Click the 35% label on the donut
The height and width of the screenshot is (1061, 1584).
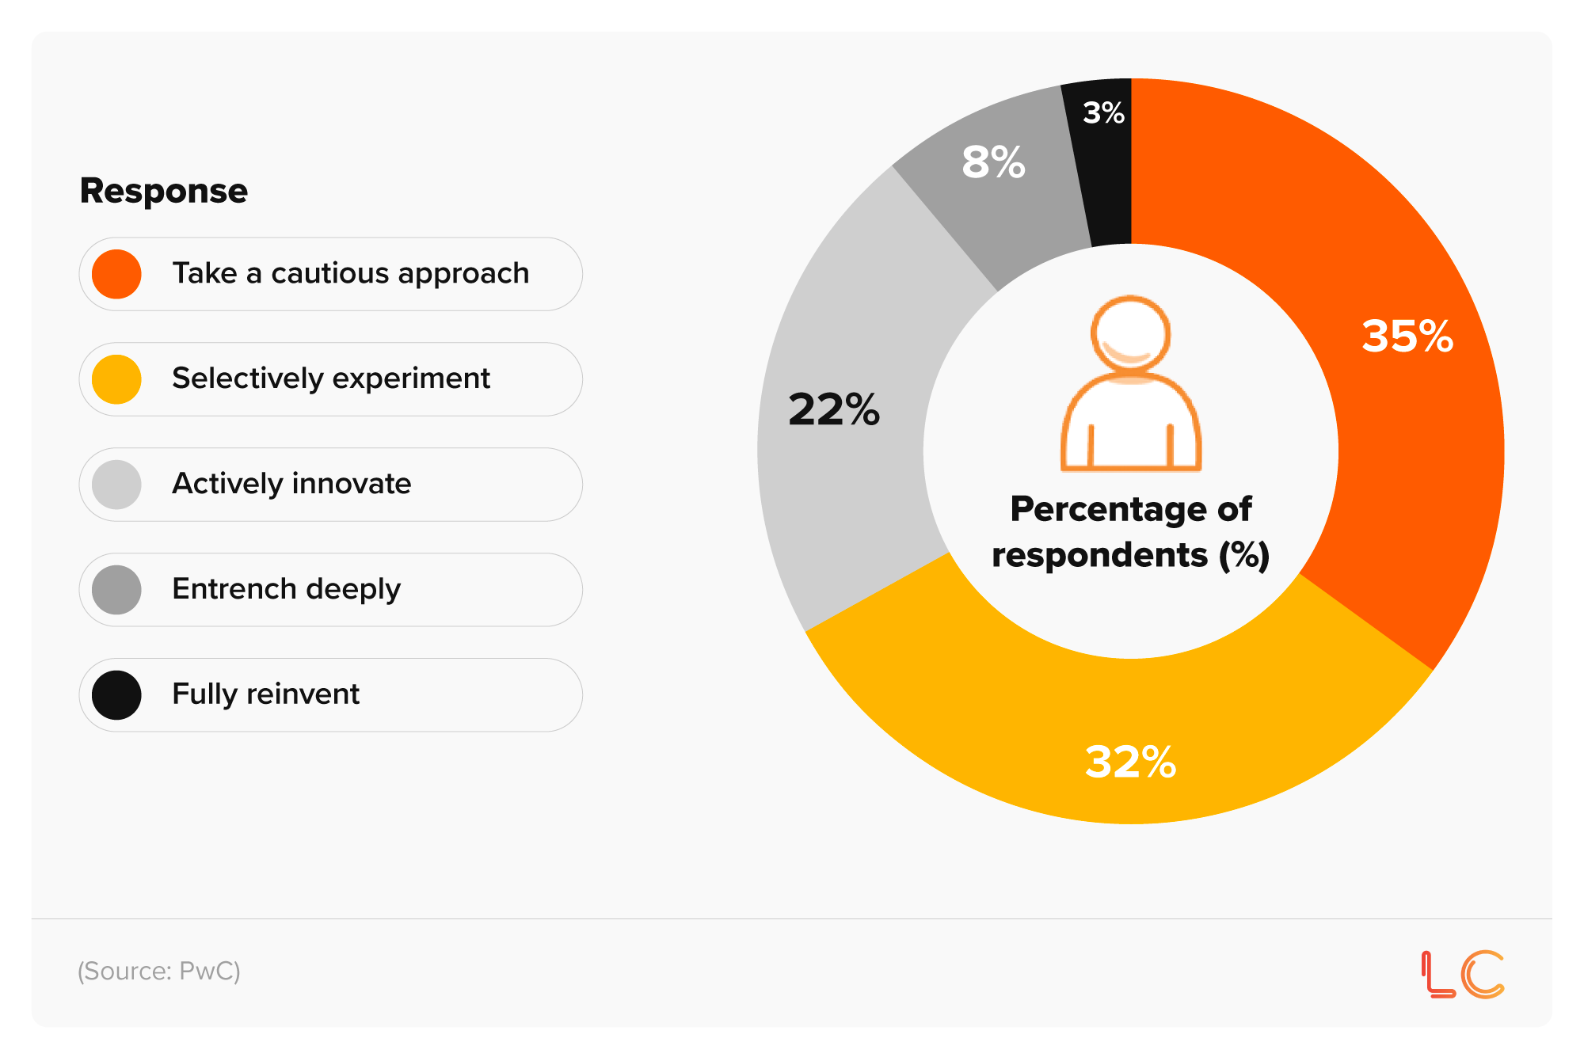coord(1407,337)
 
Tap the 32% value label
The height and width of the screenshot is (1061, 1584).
coord(1130,762)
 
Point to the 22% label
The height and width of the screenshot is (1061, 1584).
coord(834,409)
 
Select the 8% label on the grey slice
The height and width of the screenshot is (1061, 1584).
coord(993,162)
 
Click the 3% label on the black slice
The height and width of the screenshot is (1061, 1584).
coord(1103,112)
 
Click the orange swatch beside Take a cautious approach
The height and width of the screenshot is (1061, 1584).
coord(116,274)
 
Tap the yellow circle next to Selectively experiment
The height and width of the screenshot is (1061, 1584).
coord(116,379)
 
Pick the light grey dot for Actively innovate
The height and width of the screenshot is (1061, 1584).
coord(116,485)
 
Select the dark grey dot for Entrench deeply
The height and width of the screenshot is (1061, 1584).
coord(116,590)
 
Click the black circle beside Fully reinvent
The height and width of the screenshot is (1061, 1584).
coord(116,695)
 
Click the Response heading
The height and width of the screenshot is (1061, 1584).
coord(164,191)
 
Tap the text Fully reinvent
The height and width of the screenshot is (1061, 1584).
coord(265,694)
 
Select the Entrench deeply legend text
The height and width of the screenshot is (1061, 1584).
coord(286,589)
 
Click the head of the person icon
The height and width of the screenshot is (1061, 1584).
coord(1130,333)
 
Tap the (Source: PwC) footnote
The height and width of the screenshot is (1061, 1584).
coord(158,971)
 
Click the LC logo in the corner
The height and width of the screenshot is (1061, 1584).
coord(1462,974)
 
